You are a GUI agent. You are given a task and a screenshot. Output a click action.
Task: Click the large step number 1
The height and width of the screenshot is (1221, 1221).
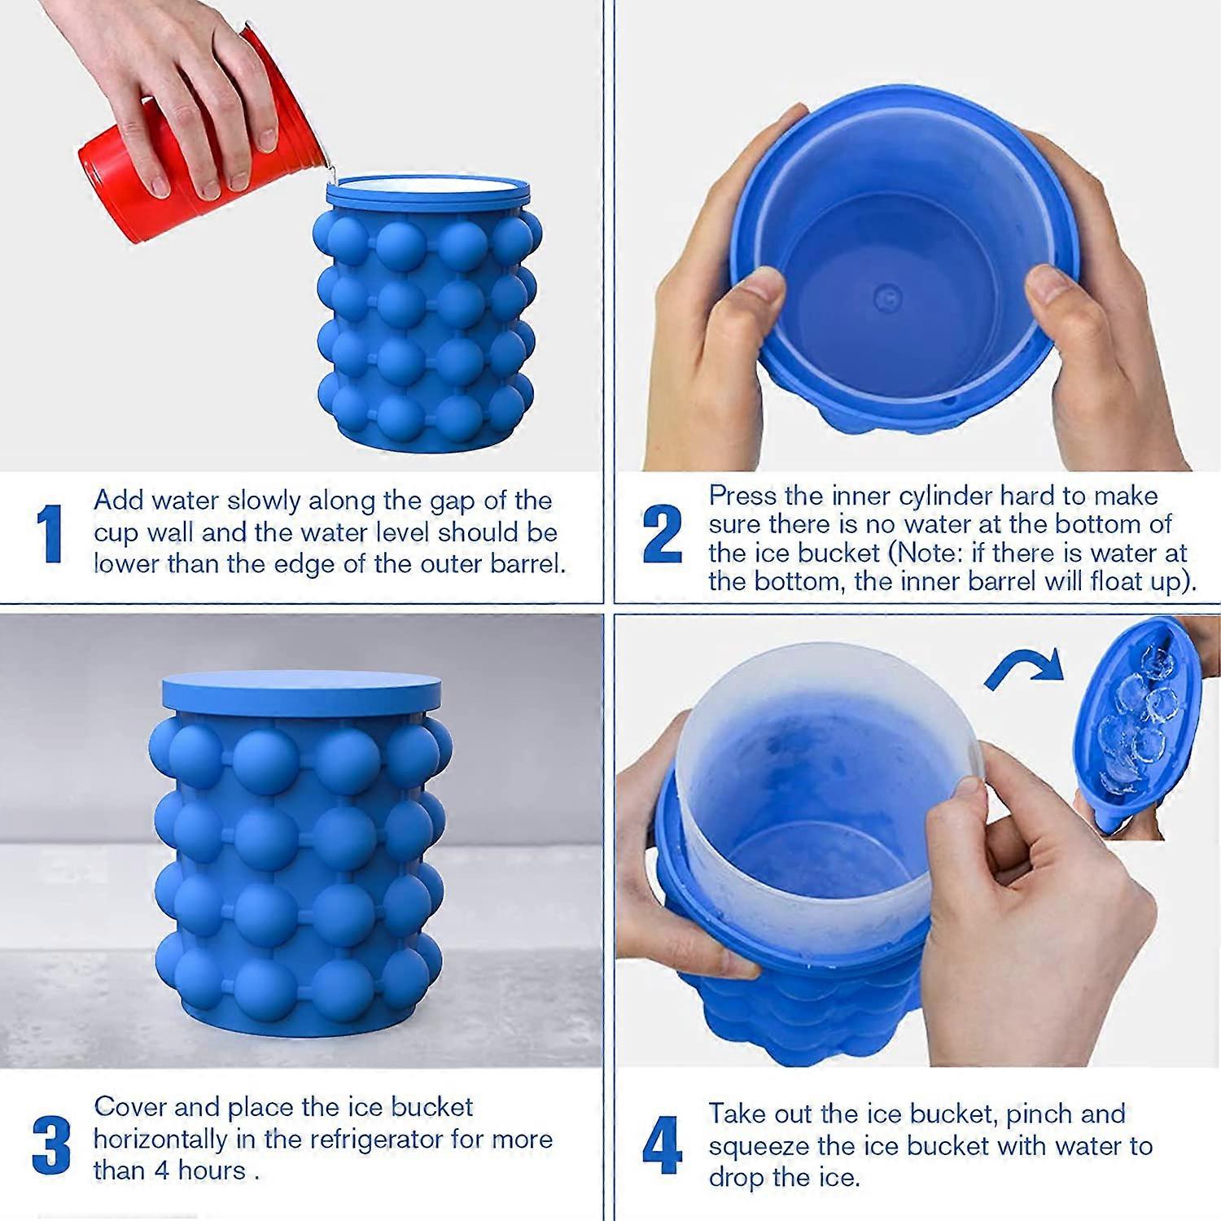(50, 533)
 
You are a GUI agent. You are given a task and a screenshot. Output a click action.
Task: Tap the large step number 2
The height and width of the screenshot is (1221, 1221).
(662, 533)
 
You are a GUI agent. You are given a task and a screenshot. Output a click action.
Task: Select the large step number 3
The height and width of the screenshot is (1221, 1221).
(50, 1144)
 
